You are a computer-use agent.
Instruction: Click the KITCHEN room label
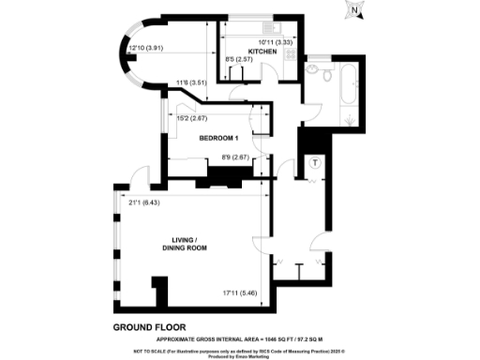point(262,52)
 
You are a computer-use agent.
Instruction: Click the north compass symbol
point(355,12)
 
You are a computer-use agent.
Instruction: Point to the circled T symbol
point(315,162)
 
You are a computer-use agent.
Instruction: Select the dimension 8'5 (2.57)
point(240,60)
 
